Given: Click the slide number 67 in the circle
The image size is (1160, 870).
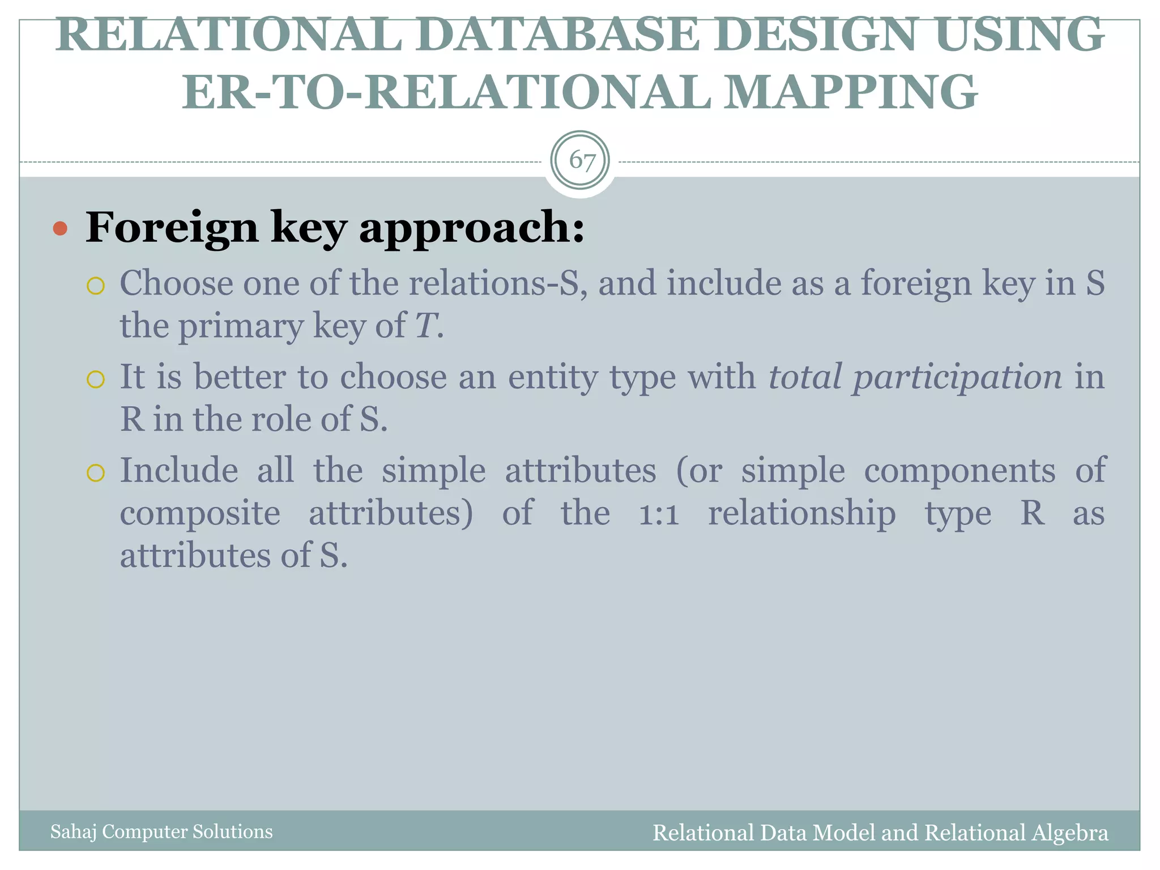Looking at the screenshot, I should pos(581,160).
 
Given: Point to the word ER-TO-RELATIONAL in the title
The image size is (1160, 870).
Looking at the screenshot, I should pos(446,92).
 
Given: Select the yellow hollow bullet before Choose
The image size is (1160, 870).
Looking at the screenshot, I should pos(96,286).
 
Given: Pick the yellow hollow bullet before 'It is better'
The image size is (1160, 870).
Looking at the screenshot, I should pos(96,379).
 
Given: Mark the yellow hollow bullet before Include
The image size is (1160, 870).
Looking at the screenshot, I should pos(96,472).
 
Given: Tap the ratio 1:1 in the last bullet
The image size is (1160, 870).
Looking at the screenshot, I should pos(659,514).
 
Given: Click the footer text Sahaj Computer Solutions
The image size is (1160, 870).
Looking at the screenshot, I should pos(161,831).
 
